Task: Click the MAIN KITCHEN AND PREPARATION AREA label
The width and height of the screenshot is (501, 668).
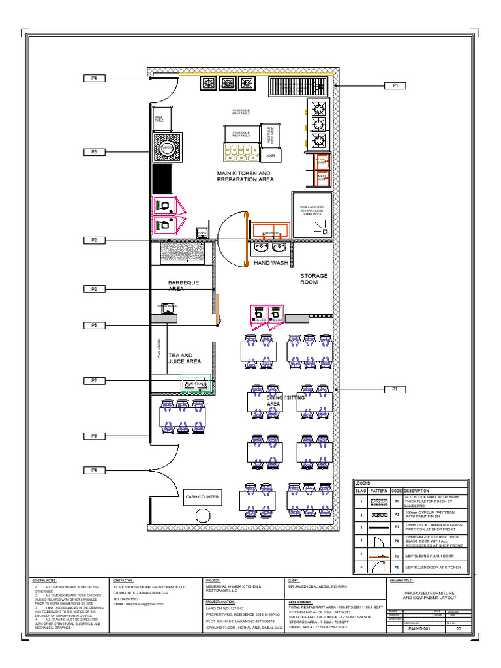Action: [245, 176]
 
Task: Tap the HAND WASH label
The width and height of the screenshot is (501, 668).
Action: [271, 262]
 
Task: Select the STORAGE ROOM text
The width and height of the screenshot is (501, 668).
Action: [314, 279]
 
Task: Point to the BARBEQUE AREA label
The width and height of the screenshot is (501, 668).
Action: [183, 286]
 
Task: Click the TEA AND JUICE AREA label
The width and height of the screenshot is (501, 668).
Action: [185, 358]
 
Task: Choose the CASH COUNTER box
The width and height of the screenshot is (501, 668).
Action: [202, 497]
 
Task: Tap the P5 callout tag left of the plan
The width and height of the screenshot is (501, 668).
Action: [94, 325]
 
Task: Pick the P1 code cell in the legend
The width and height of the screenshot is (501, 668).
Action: [397, 502]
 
